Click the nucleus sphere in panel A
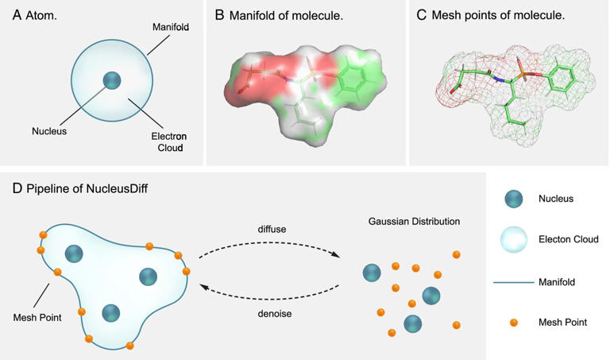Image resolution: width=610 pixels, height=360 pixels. click(x=112, y=80)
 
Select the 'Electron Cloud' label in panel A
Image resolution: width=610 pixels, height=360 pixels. click(x=168, y=141)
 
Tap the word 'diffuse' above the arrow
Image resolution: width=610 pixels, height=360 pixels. click(x=270, y=229)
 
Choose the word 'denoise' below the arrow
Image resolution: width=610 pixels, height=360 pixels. click(x=271, y=313)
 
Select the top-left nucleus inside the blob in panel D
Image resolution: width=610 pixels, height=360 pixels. click(x=74, y=254)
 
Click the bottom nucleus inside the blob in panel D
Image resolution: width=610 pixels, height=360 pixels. click(x=111, y=313)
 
